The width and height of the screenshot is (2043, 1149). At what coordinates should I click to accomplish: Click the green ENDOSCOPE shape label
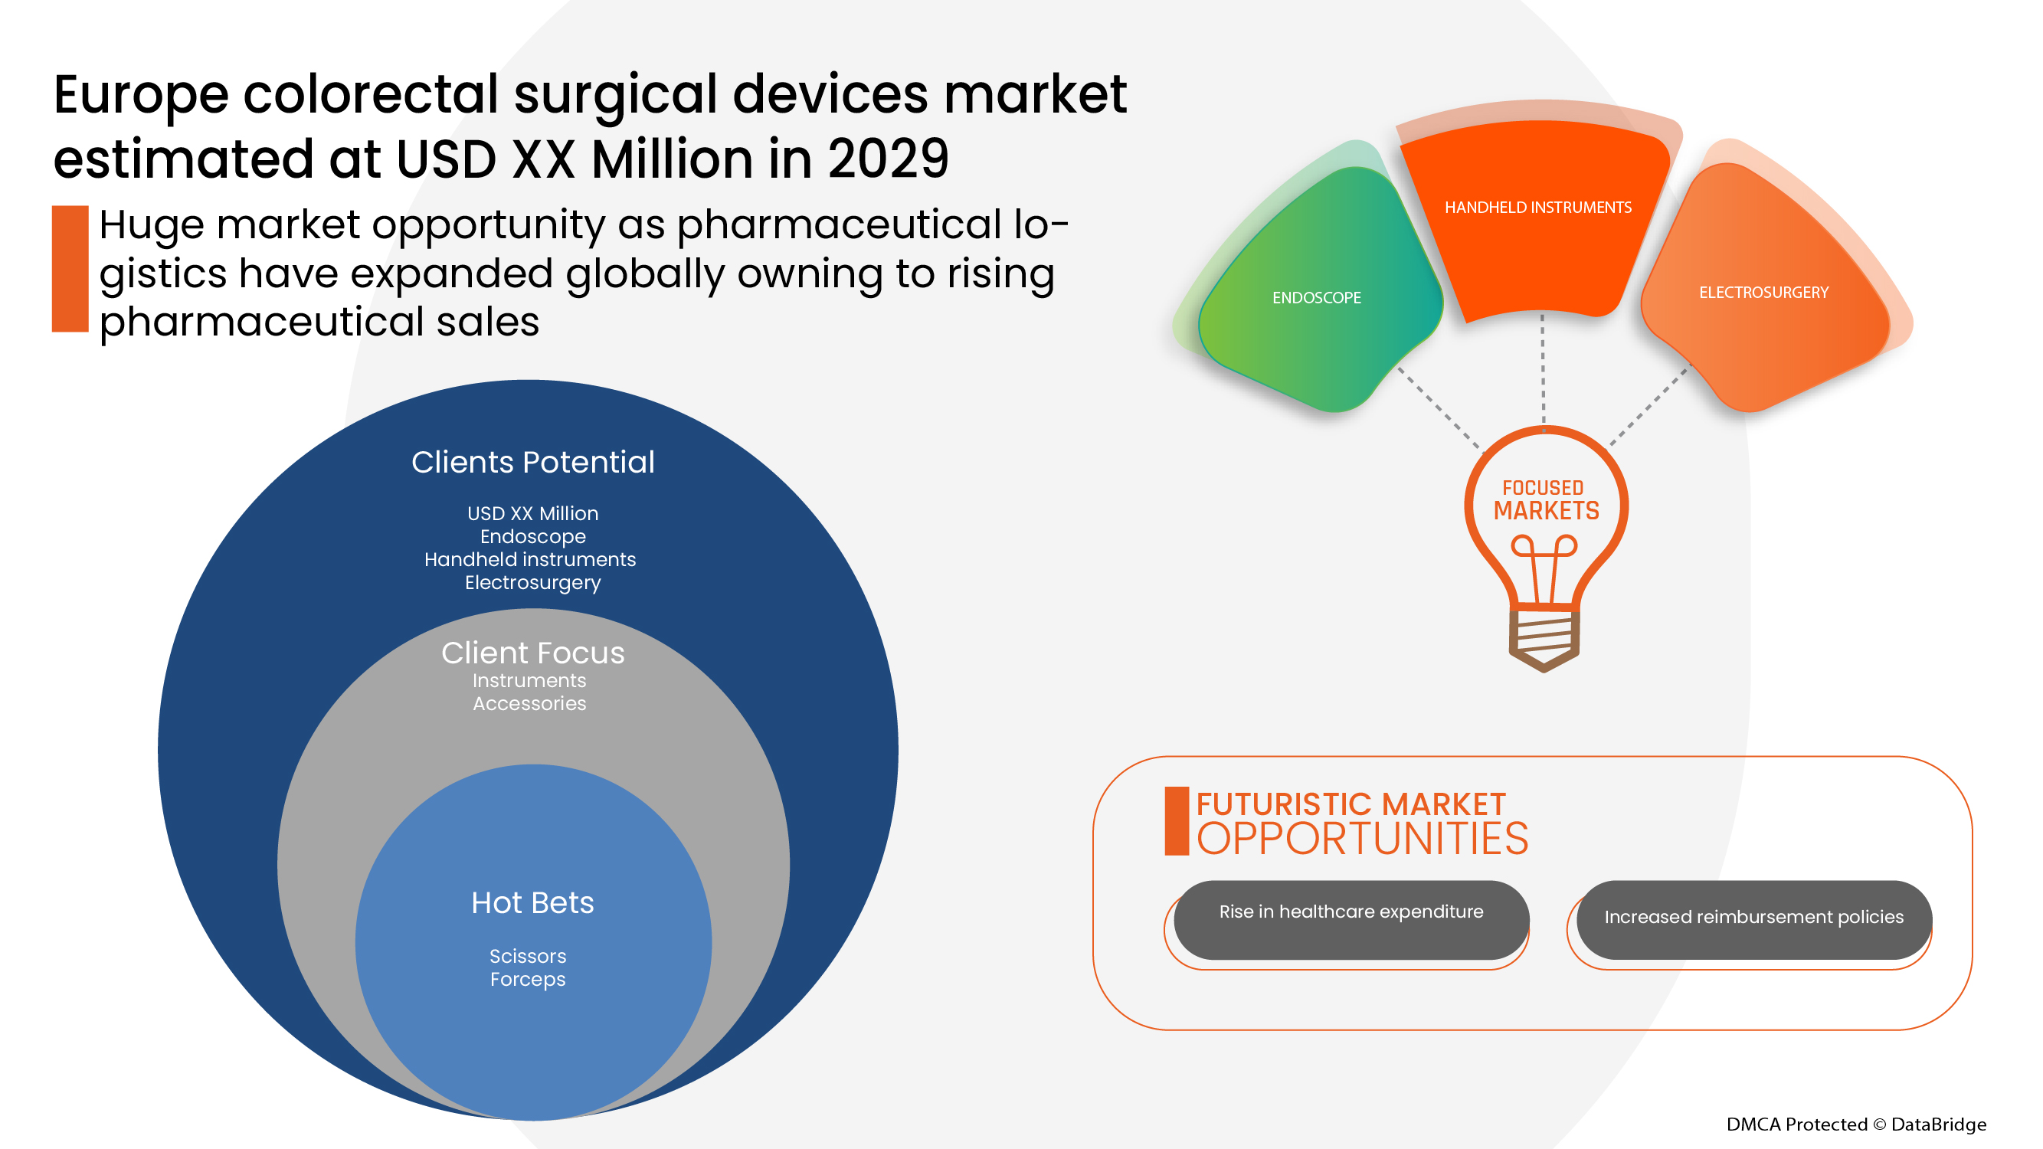click(x=1317, y=297)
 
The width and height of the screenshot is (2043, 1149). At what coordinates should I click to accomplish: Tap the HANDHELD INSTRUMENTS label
click(x=1537, y=207)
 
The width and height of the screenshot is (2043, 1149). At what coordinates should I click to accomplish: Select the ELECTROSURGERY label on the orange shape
click(x=1763, y=292)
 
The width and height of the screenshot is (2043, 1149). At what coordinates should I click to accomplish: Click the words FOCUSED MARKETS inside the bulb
click(x=1546, y=500)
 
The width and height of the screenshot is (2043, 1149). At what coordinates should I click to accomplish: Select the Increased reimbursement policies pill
click(x=1753, y=917)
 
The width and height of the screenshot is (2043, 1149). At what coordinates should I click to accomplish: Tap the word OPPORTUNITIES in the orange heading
click(x=1362, y=840)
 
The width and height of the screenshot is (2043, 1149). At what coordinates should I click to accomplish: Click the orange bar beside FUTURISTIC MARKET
click(x=1176, y=820)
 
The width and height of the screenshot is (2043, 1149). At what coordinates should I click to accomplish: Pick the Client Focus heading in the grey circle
click(x=533, y=653)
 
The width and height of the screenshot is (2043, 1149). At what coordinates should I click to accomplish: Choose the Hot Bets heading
click(x=532, y=902)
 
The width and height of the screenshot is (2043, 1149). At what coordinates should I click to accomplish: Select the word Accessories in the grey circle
click(x=529, y=703)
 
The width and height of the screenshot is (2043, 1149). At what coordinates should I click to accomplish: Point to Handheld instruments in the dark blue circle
click(x=530, y=559)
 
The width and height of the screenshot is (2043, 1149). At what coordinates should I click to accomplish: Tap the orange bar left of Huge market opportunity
click(x=70, y=268)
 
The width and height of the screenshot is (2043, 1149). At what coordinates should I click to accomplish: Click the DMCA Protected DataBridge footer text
click(x=1856, y=1124)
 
